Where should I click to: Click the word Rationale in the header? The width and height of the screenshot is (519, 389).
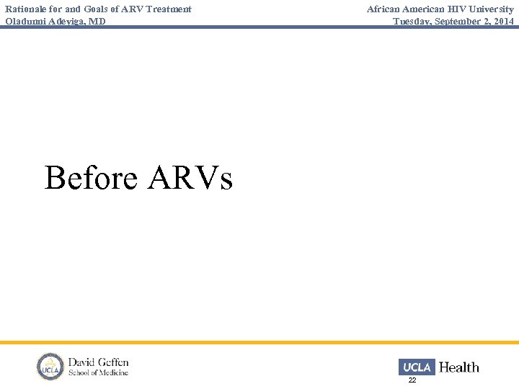coord(27,9)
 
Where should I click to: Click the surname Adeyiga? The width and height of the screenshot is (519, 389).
coord(68,22)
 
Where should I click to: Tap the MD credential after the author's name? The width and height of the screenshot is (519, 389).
coord(98,22)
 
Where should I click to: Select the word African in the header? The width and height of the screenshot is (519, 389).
coord(385,9)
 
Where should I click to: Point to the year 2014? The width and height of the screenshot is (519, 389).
coord(503,22)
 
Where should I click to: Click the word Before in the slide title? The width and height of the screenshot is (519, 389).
coord(91,177)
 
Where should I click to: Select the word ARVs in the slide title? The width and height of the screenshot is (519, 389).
coord(190,177)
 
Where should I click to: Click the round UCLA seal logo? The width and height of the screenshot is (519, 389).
coord(50,367)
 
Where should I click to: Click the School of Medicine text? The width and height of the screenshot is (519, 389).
coord(98,373)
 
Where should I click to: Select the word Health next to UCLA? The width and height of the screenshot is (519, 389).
coord(459,367)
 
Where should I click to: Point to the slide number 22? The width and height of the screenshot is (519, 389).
coord(412,380)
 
